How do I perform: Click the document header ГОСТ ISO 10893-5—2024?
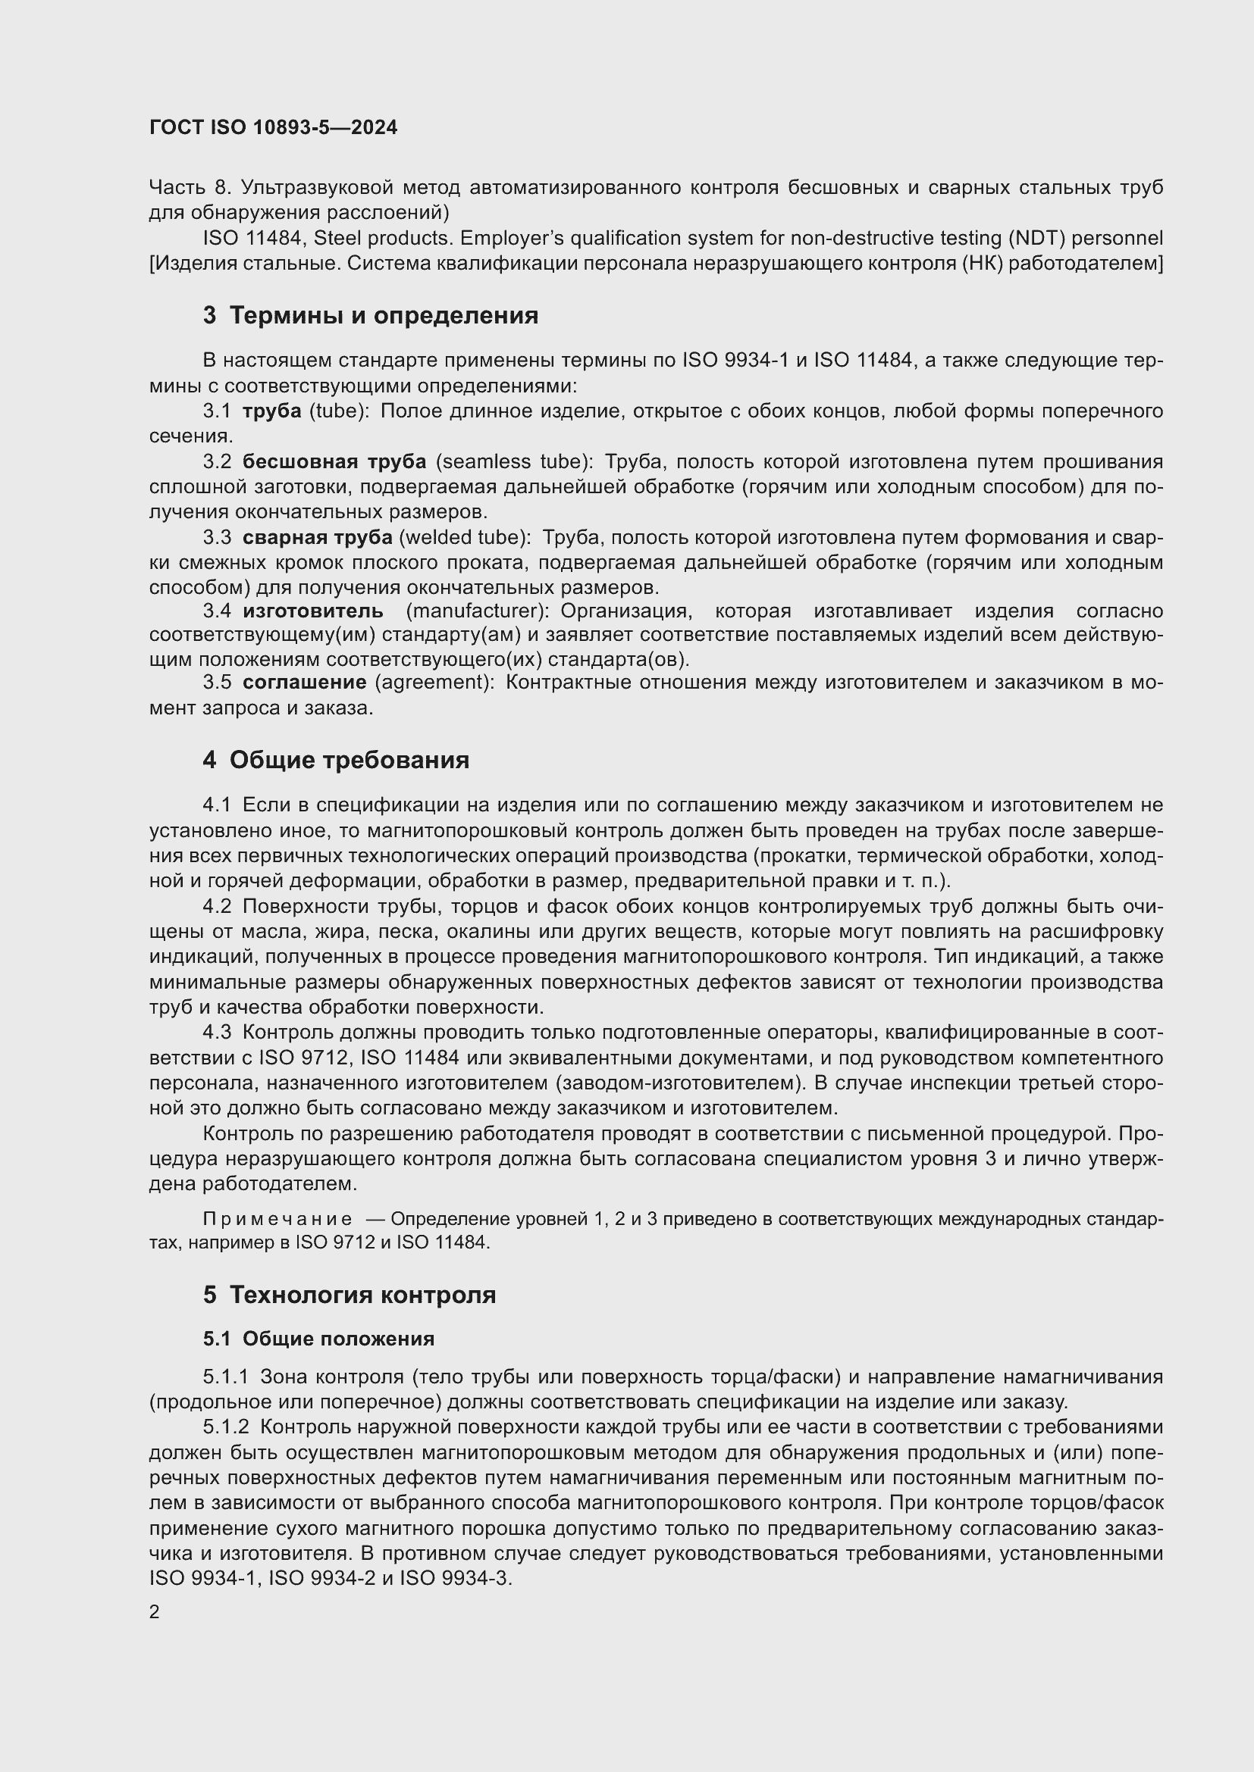(274, 127)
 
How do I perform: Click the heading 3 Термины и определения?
(371, 315)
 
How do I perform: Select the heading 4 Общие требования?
(336, 759)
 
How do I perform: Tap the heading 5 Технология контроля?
(349, 1294)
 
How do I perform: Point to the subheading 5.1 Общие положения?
(319, 1338)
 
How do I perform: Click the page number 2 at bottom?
(155, 1611)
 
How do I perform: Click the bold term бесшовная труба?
(334, 461)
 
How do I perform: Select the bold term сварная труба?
(318, 537)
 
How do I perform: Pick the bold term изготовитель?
(312, 611)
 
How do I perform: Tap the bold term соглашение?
(304, 683)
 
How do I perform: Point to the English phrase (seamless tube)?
(514, 461)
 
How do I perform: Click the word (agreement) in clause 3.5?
(434, 683)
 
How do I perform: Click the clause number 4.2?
(217, 905)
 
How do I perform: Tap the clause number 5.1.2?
(226, 1427)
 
